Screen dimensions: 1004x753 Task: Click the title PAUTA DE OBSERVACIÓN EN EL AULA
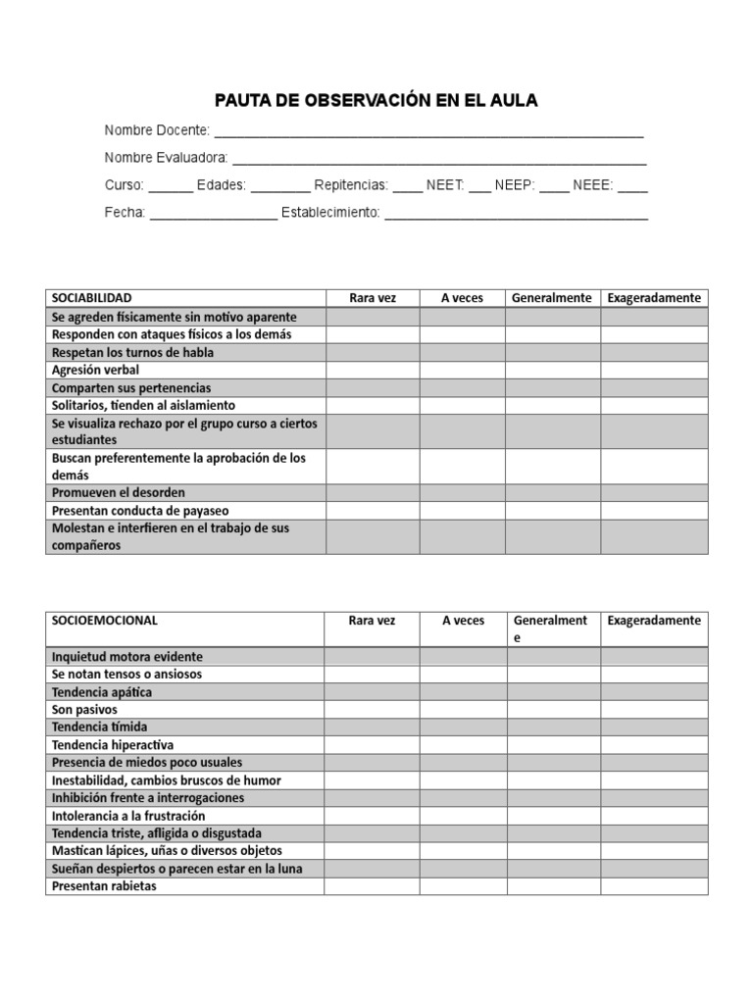coord(376,101)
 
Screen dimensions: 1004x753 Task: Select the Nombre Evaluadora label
coord(166,158)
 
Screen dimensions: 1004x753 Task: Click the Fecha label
coord(125,213)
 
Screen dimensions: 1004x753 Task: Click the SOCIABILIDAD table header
coord(91,298)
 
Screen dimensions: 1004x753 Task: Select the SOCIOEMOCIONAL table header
coord(104,621)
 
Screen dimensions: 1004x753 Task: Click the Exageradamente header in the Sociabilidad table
coord(654,298)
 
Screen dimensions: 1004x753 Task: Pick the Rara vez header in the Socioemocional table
coord(373,621)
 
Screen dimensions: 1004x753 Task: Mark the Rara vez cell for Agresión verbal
coord(373,370)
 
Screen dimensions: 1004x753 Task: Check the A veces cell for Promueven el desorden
coord(463,492)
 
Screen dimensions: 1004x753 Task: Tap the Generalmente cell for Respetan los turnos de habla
coord(553,352)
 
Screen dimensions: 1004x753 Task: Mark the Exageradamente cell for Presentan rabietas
coord(654,886)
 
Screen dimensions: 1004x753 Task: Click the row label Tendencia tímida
coord(99,727)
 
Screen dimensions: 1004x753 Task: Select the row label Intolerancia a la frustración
coord(128,816)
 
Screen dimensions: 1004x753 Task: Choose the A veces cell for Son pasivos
coord(464,709)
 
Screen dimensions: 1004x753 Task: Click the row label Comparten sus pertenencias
coord(130,387)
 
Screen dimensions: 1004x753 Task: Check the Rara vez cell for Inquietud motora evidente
coord(373,656)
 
